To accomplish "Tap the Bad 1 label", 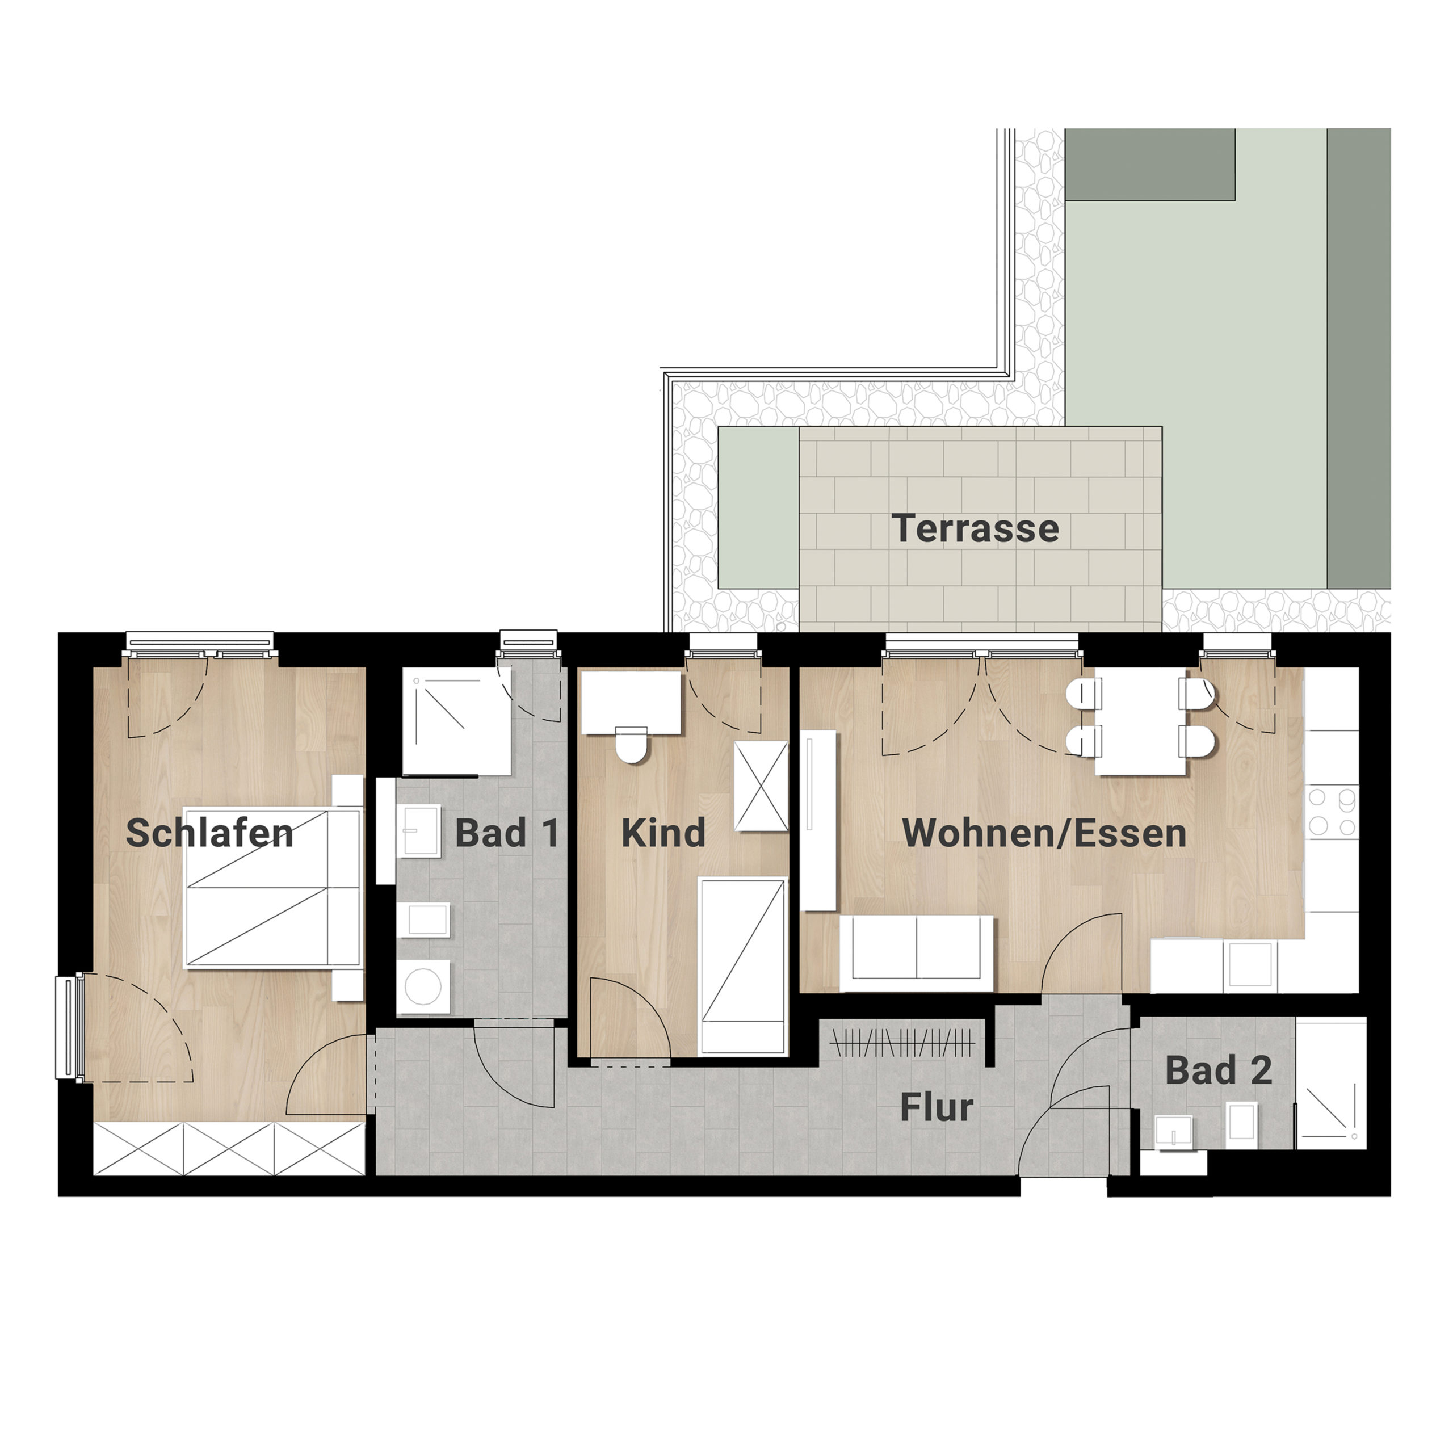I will click(507, 833).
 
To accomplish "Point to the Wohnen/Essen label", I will click(1044, 833).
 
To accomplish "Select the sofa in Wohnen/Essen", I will click(917, 954).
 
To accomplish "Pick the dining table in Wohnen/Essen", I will click(1140, 720).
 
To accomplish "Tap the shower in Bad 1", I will click(456, 720).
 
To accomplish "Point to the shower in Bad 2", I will click(1330, 1084).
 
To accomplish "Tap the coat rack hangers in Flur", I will click(902, 1043).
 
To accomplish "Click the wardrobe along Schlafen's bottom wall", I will click(229, 1148).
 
